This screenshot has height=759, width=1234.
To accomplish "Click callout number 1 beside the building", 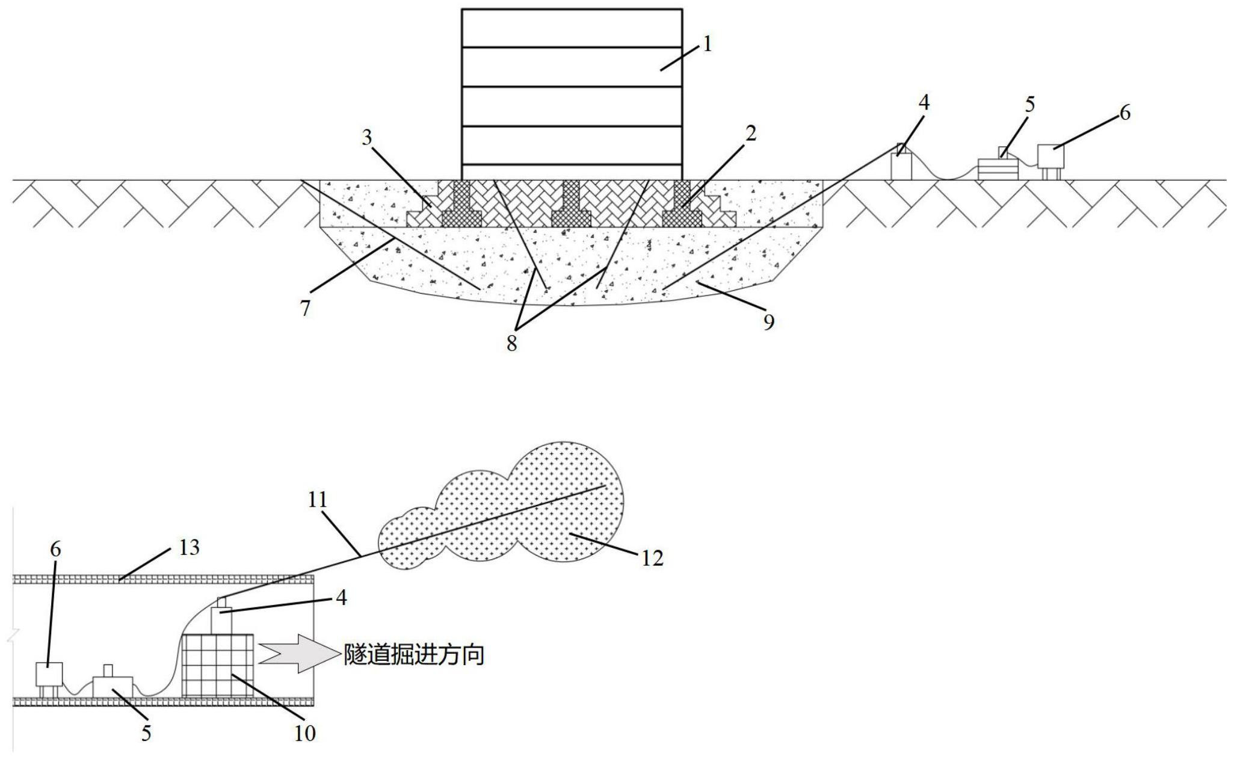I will (x=708, y=45).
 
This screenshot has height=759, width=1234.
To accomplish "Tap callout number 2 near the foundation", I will (x=750, y=134).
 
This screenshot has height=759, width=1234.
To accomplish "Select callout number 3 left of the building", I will (x=367, y=138).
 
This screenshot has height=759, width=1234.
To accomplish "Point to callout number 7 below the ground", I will (x=306, y=309).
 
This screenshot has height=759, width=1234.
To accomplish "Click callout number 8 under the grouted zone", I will (x=511, y=344).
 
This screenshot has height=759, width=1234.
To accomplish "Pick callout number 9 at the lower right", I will (x=769, y=323).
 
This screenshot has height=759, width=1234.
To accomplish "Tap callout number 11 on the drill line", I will (x=317, y=500).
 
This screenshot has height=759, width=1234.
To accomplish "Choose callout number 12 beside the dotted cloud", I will (x=652, y=559).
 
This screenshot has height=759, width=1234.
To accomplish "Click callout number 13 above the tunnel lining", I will (x=189, y=548).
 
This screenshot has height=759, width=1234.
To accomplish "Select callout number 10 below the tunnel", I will (x=305, y=733).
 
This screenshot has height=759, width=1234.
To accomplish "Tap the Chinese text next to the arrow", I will (x=415, y=654).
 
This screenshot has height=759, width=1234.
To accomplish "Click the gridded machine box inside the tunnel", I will (x=217, y=665).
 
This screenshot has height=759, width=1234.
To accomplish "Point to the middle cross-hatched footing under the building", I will (x=571, y=205).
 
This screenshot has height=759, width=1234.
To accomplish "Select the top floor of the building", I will (x=572, y=28).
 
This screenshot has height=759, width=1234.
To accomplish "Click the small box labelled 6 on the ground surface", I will (x=1050, y=156).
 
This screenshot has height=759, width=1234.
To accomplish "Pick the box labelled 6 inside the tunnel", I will (x=49, y=674).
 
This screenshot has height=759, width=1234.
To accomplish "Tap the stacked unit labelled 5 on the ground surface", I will (x=998, y=168).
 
